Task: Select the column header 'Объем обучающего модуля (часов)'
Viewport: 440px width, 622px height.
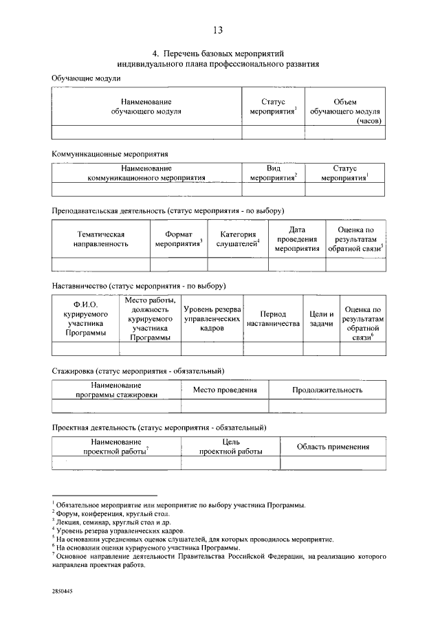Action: pos(345,110)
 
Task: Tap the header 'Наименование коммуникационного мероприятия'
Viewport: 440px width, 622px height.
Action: pos(146,173)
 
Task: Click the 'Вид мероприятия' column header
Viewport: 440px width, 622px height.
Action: pos(273,173)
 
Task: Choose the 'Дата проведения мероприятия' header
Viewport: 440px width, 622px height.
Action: pos(296,238)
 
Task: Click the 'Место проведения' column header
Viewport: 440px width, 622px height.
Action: pos(225,390)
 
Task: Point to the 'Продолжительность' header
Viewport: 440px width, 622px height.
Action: pos(327,390)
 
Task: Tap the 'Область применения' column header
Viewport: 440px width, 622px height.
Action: pos(333,447)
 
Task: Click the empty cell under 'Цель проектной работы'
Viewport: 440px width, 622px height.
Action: pos(230,463)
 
